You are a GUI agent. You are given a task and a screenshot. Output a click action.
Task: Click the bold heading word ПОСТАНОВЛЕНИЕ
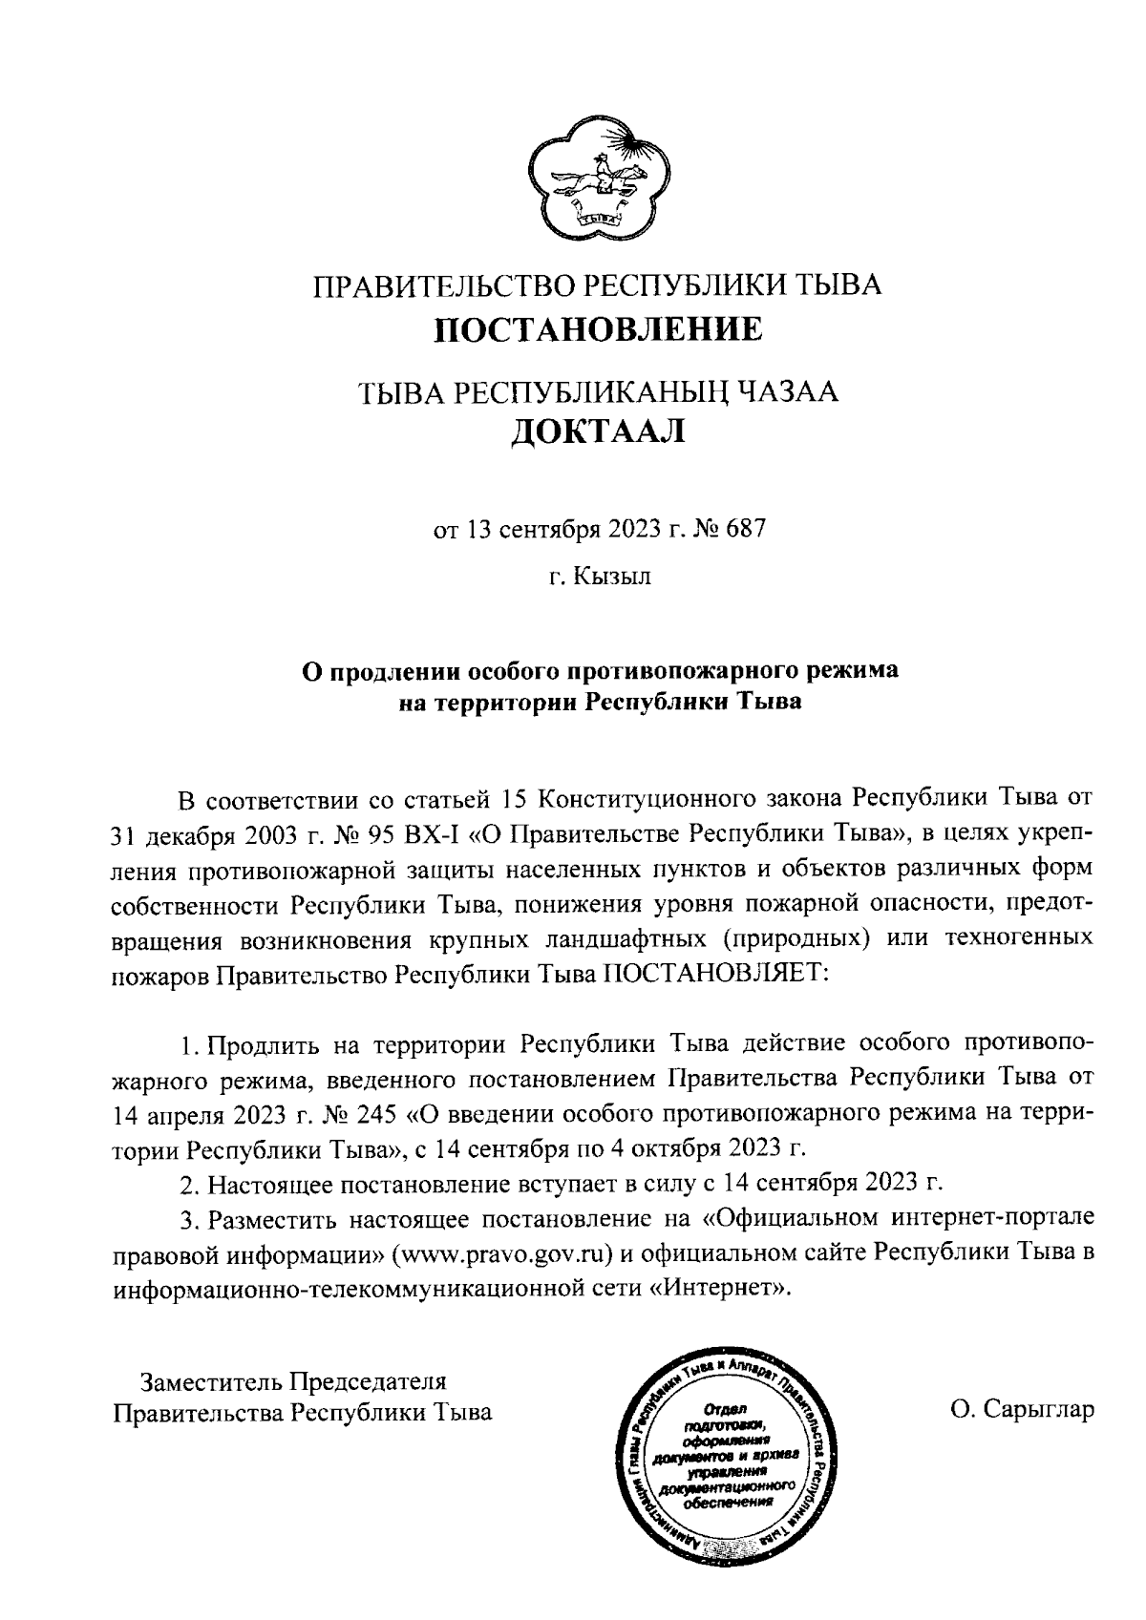click(x=599, y=330)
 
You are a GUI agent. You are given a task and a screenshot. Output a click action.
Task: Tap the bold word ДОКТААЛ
click(x=599, y=431)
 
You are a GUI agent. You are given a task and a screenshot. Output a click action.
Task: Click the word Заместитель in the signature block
click(x=211, y=1380)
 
